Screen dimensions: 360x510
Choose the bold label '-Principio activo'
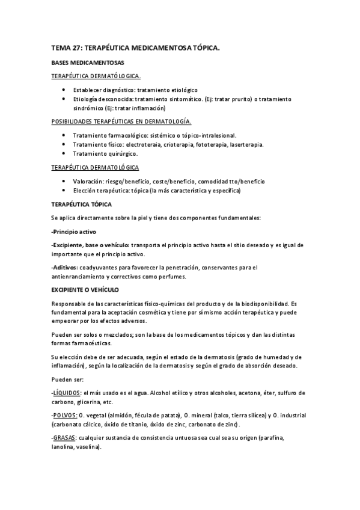tap(74, 232)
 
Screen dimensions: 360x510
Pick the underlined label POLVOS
tap(65, 416)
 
